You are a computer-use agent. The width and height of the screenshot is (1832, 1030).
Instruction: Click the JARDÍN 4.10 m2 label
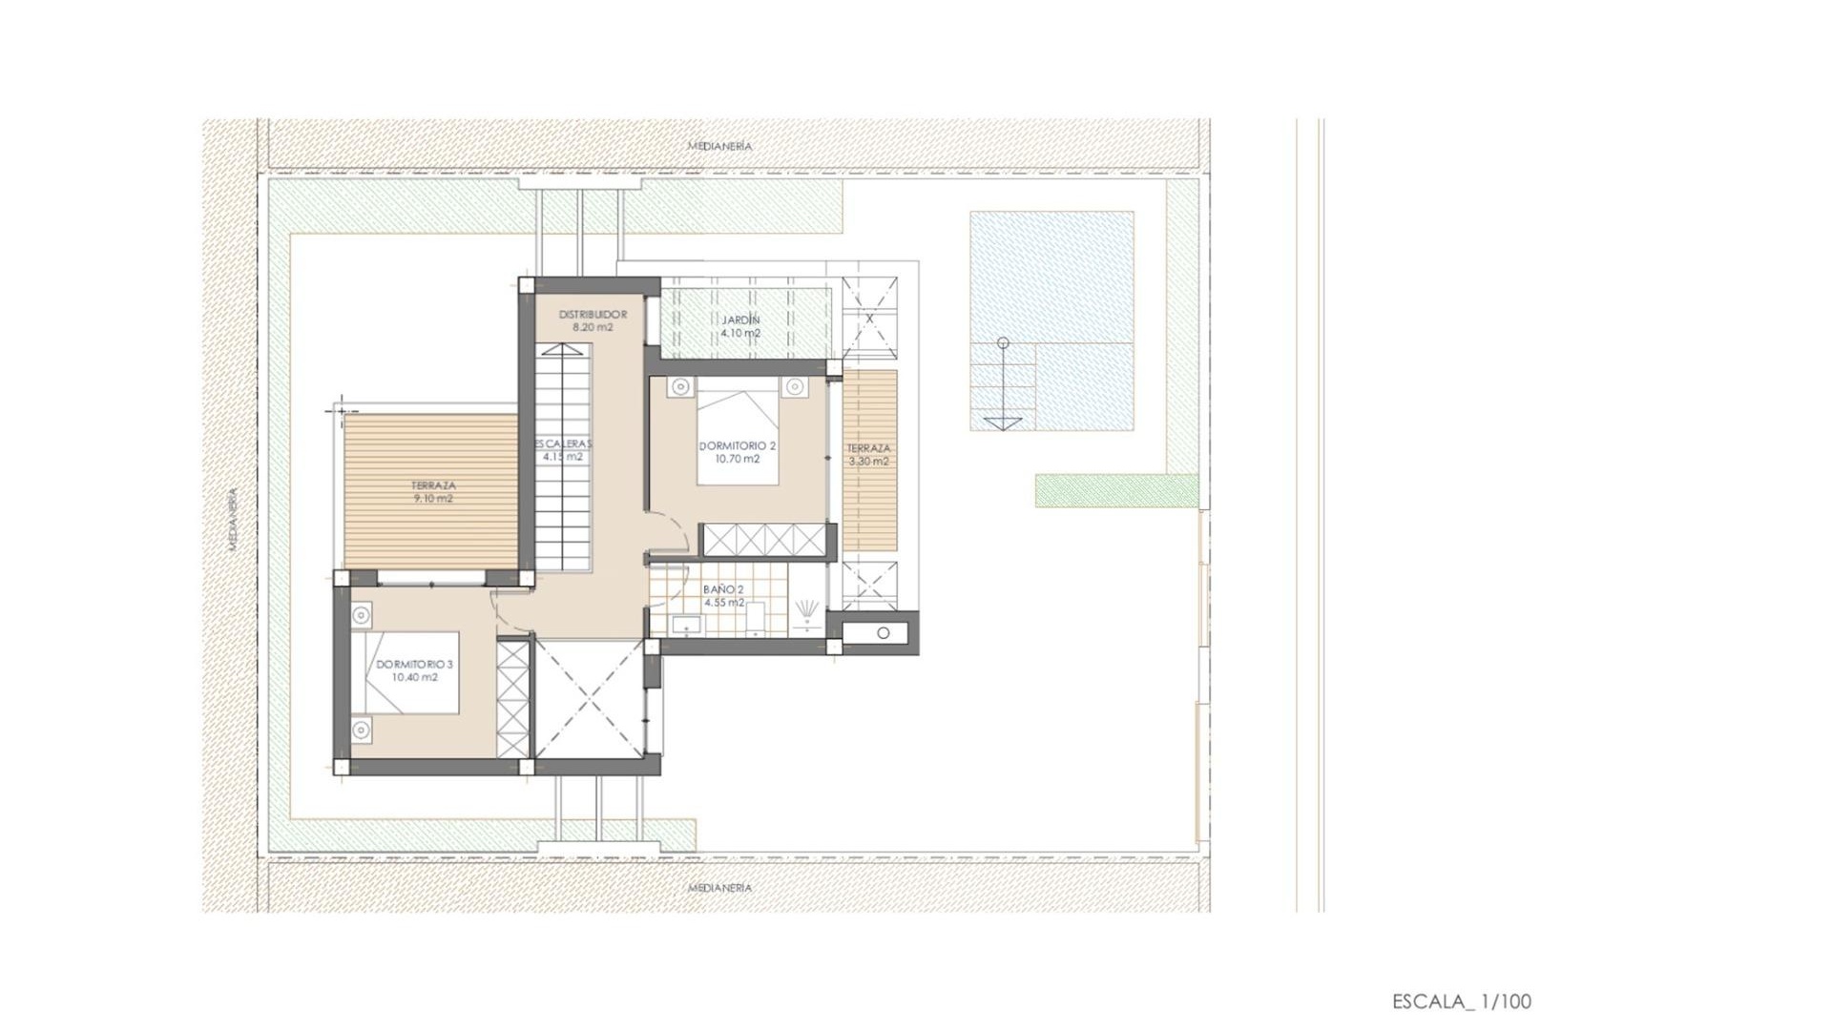(740, 326)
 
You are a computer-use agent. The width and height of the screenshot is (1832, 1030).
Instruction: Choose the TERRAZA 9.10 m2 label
(433, 492)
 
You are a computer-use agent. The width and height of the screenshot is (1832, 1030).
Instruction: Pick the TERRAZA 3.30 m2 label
(868, 454)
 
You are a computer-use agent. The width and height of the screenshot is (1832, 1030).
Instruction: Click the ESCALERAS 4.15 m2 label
(563, 450)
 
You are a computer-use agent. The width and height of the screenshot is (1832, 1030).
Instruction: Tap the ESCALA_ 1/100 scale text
(1461, 1001)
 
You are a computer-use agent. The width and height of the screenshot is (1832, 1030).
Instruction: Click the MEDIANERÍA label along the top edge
(720, 146)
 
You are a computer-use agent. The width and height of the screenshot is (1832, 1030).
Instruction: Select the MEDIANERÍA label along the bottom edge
(720, 887)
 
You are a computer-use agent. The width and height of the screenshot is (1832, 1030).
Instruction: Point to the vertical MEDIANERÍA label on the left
(234, 520)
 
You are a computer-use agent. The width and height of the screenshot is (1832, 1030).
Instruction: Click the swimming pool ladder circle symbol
(1002, 342)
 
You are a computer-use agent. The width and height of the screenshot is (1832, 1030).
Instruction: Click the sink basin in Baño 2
(685, 625)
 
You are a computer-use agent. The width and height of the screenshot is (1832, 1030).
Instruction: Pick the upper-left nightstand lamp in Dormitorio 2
(680, 386)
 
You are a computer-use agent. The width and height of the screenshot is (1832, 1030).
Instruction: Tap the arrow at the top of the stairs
(563, 350)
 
